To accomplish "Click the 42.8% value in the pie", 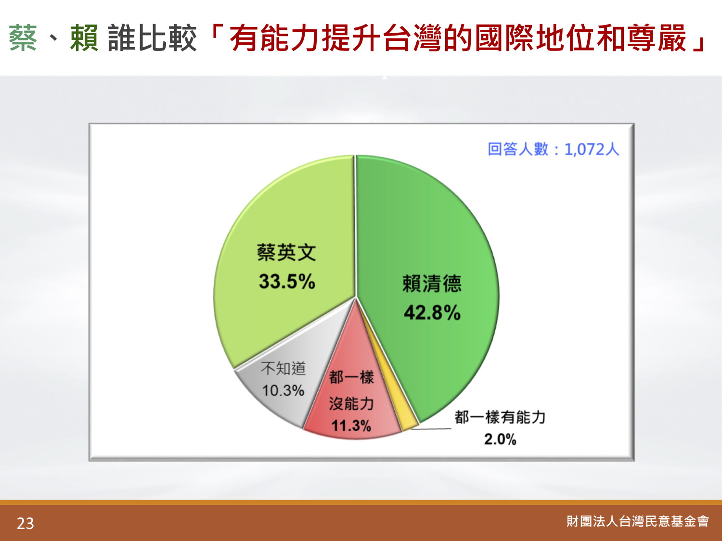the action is click(x=432, y=313).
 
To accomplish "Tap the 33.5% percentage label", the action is click(x=287, y=281).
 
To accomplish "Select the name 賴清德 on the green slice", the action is click(x=432, y=283).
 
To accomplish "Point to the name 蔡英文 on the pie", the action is click(x=286, y=252).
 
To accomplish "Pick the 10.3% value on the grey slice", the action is click(x=283, y=390).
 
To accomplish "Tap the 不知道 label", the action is click(x=283, y=368).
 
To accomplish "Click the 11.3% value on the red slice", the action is click(x=351, y=426).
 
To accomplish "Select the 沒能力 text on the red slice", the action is click(x=351, y=403).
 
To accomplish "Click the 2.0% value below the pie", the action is click(x=500, y=439).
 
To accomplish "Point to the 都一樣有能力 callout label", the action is click(x=500, y=417).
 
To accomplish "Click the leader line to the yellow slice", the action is click(x=431, y=428).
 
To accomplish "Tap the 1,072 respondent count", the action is click(x=584, y=150).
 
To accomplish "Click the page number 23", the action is click(x=26, y=524).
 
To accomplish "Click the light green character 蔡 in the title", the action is click(x=23, y=38).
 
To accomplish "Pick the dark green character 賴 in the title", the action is click(x=84, y=38).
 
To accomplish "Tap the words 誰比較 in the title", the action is click(x=152, y=38).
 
